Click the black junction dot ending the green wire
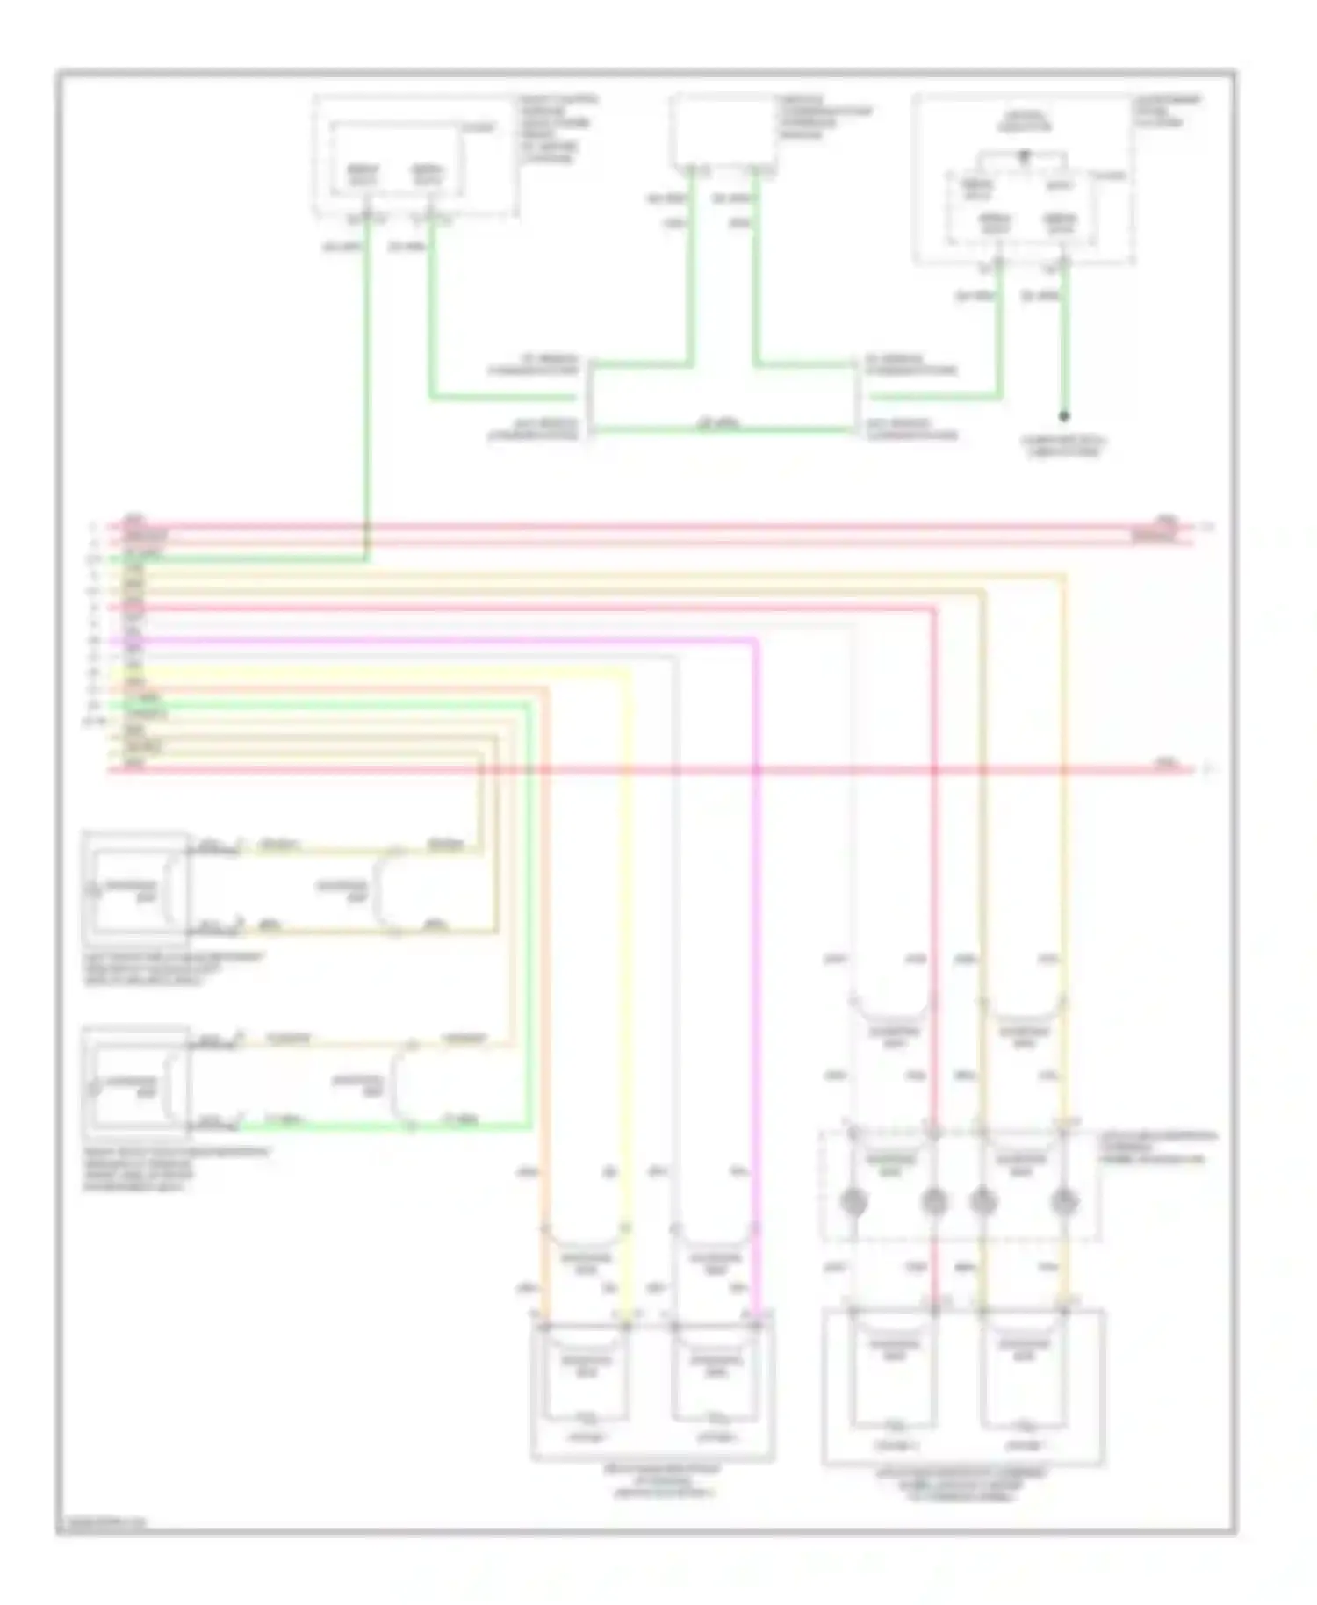pyautogui.click(x=1064, y=416)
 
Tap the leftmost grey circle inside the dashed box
pyautogui.click(x=853, y=1200)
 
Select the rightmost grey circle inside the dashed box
pyautogui.click(x=1064, y=1200)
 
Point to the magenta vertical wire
pyautogui.click(x=756, y=966)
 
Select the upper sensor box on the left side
pyautogui.click(x=135, y=887)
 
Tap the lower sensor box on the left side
pyautogui.click(x=135, y=1082)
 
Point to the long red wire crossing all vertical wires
pyautogui.click(x=650, y=770)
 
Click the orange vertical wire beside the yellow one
pyautogui.click(x=545, y=966)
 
